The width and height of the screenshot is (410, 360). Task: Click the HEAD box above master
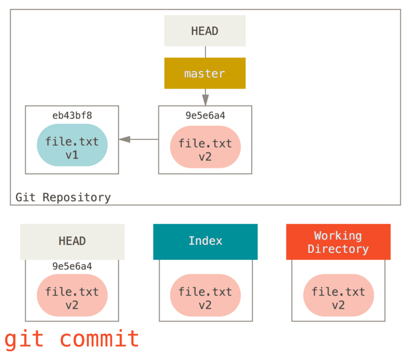pyautogui.click(x=205, y=31)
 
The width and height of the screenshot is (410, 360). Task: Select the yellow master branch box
pyautogui.click(x=205, y=73)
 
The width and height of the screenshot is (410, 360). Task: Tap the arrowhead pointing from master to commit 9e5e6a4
pyautogui.click(x=205, y=98)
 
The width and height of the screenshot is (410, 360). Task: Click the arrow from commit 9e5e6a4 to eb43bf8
pyautogui.click(x=137, y=139)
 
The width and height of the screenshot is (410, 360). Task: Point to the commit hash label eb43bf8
pyautogui.click(x=72, y=115)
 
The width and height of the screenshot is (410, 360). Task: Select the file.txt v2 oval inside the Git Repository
pyautogui.click(x=205, y=147)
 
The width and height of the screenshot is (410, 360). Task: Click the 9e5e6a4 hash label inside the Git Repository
pyautogui.click(x=205, y=116)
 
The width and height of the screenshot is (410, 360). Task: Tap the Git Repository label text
pyautogui.click(x=63, y=197)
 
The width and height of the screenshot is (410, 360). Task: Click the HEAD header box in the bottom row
pyautogui.click(x=72, y=242)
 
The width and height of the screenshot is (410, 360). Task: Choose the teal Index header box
pyautogui.click(x=205, y=242)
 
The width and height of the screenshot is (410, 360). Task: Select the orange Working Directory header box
pyautogui.click(x=338, y=242)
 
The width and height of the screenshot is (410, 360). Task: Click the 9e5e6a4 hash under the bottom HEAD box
pyautogui.click(x=72, y=266)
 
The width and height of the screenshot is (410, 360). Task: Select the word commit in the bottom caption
pyautogui.click(x=99, y=339)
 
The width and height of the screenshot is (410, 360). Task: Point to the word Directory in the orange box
pyautogui.click(x=338, y=249)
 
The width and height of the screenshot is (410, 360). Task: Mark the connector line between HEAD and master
pyautogui.click(x=205, y=52)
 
